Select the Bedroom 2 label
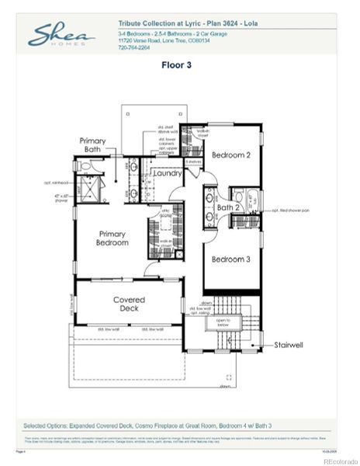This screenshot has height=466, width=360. (230, 155)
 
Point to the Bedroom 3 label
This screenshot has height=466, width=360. (230, 259)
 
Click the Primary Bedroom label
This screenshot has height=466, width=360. (112, 238)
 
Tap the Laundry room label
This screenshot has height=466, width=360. (167, 174)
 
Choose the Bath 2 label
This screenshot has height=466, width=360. (228, 207)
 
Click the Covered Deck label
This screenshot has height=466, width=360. (129, 304)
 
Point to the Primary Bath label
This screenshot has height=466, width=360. (93, 144)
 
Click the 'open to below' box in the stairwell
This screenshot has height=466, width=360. (223, 321)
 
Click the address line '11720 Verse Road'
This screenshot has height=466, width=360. (162, 40)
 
